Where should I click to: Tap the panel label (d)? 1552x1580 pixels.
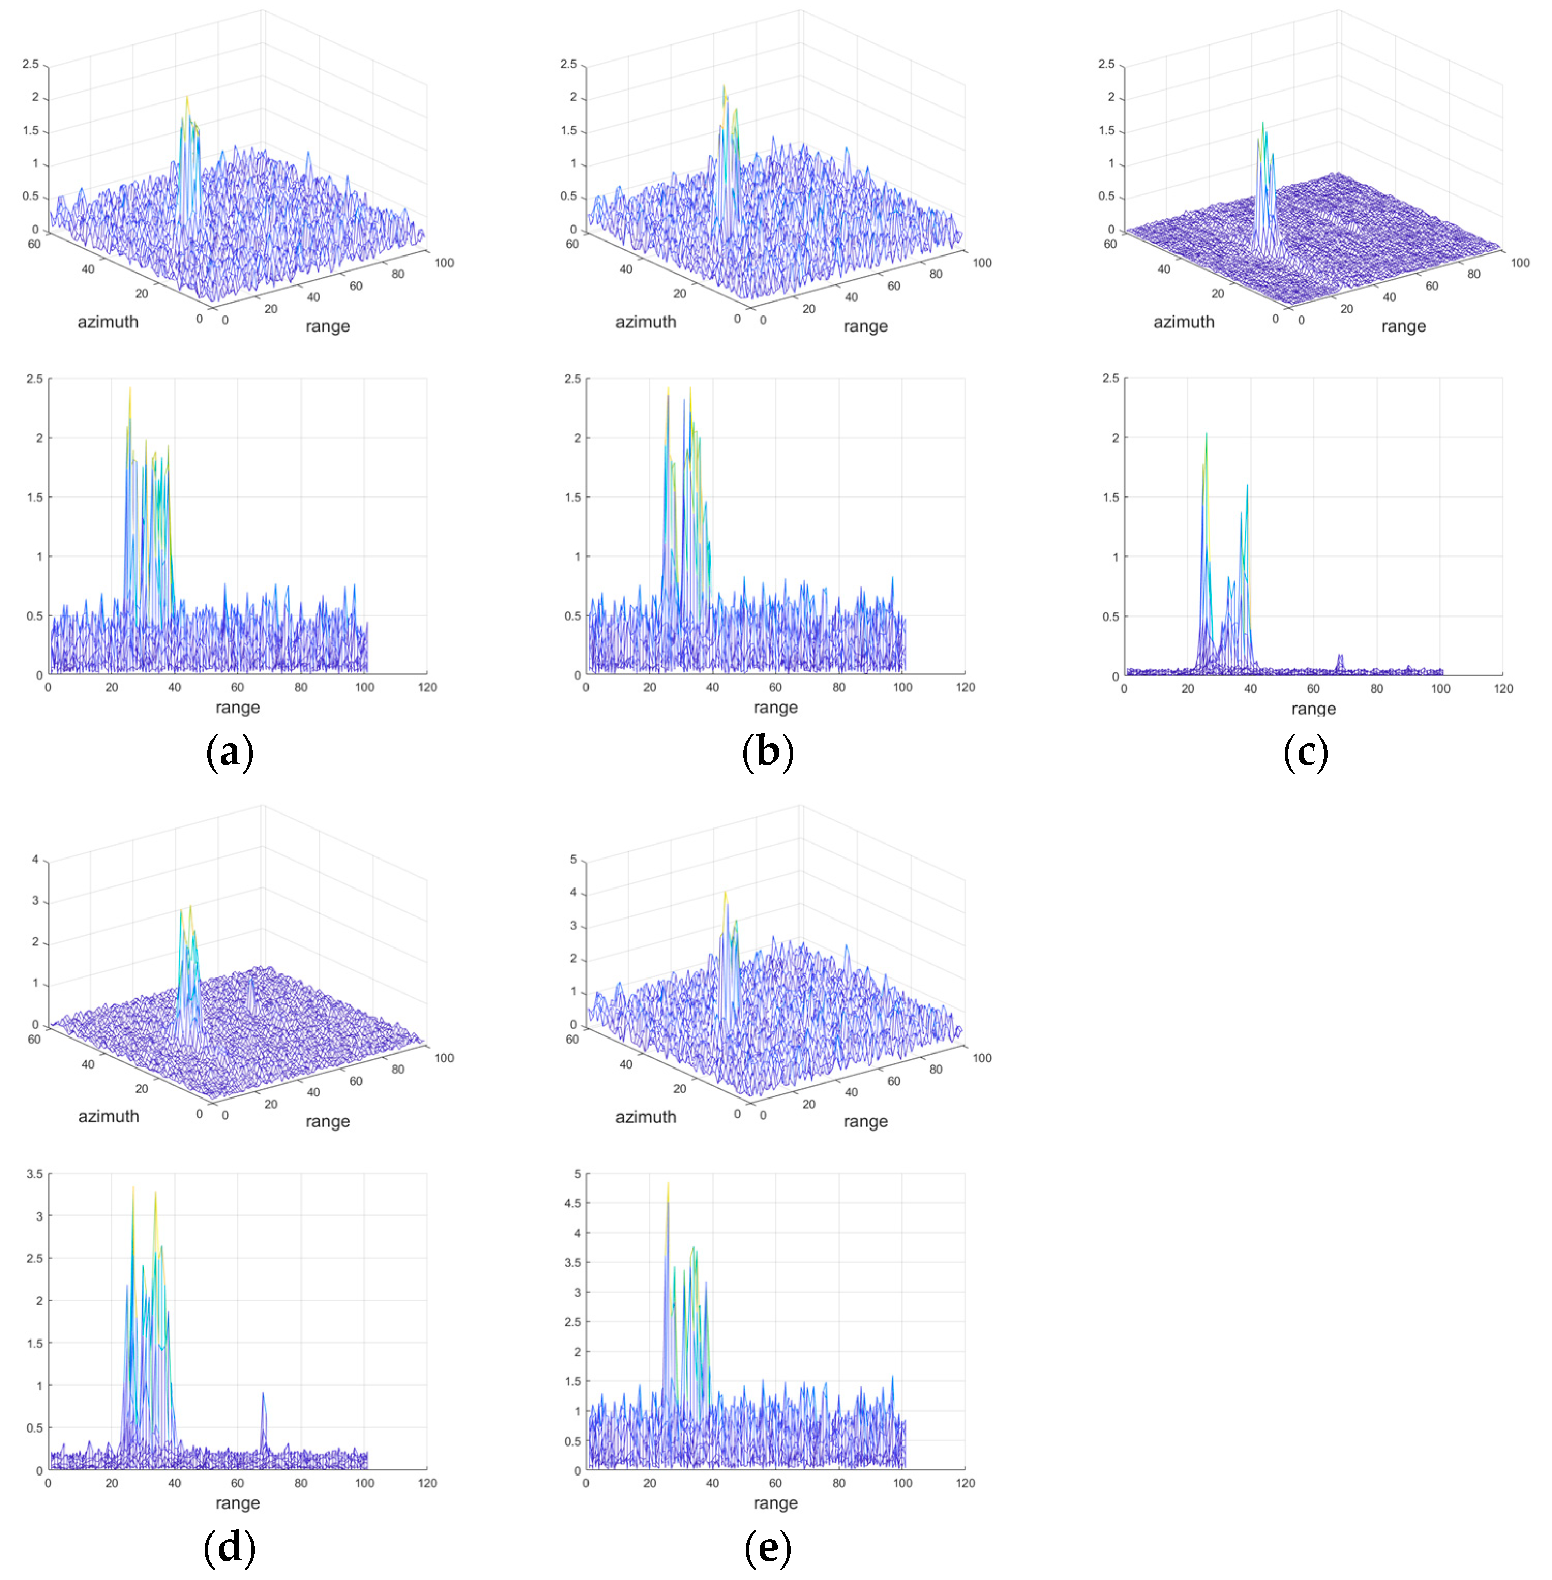point(230,1546)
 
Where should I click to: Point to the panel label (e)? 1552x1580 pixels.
point(768,1546)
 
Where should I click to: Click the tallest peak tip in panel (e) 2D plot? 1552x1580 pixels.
point(668,1183)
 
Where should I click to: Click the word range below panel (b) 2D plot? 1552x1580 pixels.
point(775,707)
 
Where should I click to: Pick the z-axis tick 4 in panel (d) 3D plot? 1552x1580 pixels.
point(35,859)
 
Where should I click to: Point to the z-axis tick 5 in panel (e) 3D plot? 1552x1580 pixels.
point(573,859)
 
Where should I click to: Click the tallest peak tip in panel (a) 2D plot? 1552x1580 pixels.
point(130,388)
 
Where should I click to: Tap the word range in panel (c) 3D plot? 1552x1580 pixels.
point(1403,326)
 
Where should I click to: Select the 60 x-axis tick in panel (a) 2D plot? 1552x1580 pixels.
point(237,687)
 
